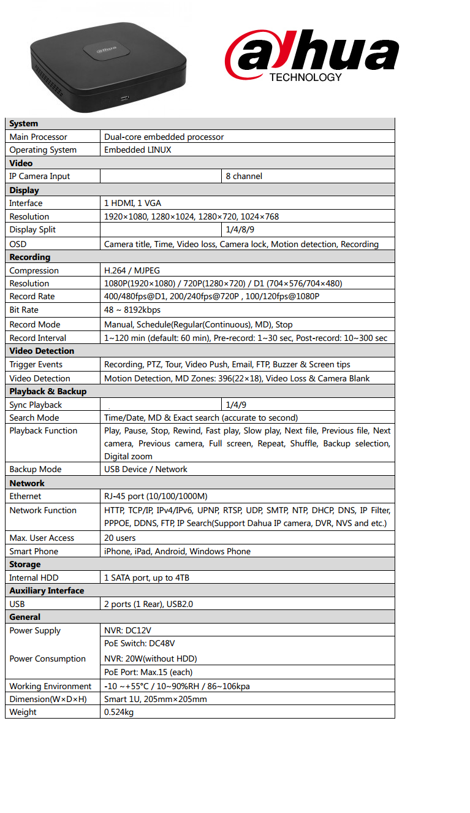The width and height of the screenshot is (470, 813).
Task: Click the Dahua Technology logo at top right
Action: pyautogui.click(x=312, y=57)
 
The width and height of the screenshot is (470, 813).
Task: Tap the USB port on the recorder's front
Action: pyautogui.click(x=125, y=98)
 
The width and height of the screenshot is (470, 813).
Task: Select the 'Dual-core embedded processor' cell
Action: pyautogui.click(x=164, y=137)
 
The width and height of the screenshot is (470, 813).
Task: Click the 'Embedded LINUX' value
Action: pyautogui.click(x=138, y=150)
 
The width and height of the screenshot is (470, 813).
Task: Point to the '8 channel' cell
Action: pyautogui.click(x=244, y=176)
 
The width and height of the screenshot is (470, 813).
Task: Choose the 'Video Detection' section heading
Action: pyautogui.click(x=42, y=351)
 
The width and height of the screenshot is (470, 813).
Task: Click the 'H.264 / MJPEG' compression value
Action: pyautogui.click(x=132, y=270)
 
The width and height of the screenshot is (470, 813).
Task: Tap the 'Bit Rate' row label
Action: pyautogui.click(x=25, y=310)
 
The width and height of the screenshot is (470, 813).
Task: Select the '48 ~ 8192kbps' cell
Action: pyautogui.click(x=132, y=310)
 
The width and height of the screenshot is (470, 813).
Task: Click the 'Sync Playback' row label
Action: pyautogui.click(x=36, y=405)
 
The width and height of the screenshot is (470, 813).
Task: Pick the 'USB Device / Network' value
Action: pyautogui.click(x=146, y=469)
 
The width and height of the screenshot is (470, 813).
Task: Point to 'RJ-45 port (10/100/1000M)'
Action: pyautogui.click(x=156, y=496)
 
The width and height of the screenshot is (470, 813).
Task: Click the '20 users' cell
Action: pyautogui.click(x=120, y=538)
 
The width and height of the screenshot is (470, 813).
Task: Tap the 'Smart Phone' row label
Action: pyautogui.click(x=34, y=551)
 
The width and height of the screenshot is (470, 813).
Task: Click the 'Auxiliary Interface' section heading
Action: pyautogui.click(x=47, y=590)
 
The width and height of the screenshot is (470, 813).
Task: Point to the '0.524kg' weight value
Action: pyautogui.click(x=119, y=712)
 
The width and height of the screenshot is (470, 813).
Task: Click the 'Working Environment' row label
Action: pyautogui.click(x=50, y=686)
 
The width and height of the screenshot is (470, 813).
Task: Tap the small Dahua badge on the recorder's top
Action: pyautogui.click(x=105, y=48)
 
